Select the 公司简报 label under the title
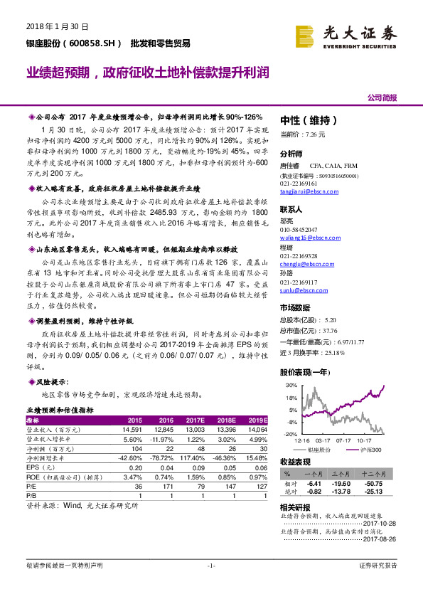click(382, 97)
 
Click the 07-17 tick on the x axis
click(343, 441)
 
